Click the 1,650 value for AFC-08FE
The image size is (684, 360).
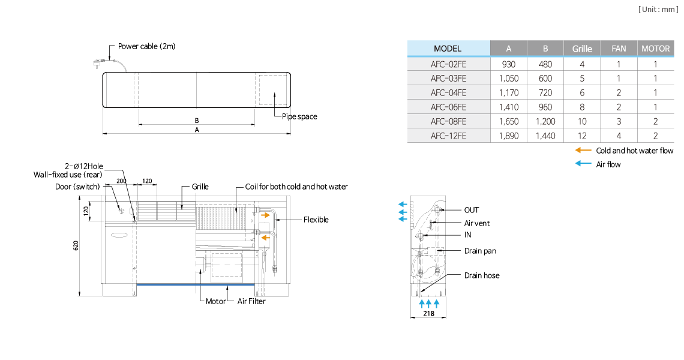coord(509,121)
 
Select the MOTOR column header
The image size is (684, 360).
coord(655,49)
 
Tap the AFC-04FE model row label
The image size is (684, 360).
coord(448,93)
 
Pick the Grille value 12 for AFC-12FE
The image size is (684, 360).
coord(582,136)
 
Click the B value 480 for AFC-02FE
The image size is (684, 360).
coord(545,64)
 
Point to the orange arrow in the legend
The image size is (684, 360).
coord(583,150)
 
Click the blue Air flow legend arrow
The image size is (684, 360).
coord(583,164)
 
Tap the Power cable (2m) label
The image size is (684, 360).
coord(146,46)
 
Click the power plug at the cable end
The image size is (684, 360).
coord(97,64)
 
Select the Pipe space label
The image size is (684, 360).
coord(299,116)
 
